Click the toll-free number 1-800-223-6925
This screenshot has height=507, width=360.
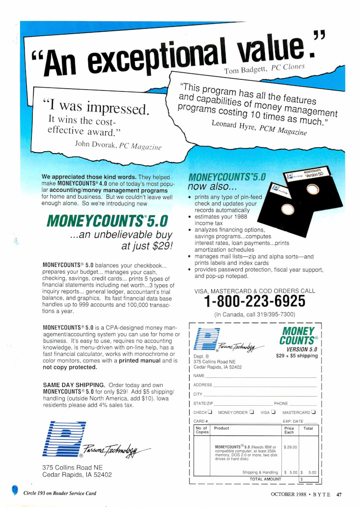254,302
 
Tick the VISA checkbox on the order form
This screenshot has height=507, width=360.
273,412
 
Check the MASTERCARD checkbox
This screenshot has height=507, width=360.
313,412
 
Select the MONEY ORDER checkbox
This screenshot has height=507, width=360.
252,412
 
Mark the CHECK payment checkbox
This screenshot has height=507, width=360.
210,412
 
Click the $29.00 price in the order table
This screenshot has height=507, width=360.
290,447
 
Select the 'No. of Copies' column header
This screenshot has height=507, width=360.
202,430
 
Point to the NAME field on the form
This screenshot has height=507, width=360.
199,375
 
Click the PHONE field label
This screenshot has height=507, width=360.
281,403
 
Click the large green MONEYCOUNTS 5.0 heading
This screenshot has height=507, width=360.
108,221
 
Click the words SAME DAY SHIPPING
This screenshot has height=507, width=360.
74,385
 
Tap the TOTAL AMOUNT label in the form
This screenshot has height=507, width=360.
265,479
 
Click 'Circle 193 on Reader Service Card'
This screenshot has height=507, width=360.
60,493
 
